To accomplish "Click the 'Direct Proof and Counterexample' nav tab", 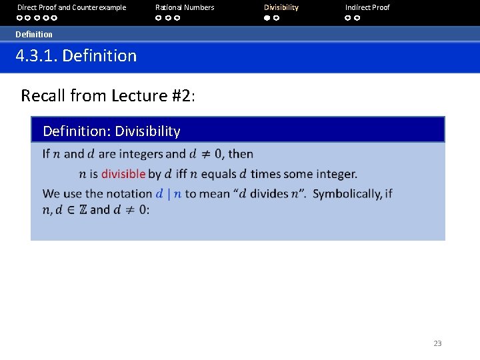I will click(x=71, y=7).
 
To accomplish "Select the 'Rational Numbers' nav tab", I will click(x=185, y=7).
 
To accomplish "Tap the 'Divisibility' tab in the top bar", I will click(x=281, y=7).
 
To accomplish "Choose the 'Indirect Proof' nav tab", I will click(x=367, y=7).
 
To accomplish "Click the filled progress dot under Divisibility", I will click(x=267, y=18).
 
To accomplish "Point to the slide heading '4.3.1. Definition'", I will click(x=76, y=56).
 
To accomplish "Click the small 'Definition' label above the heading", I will click(x=34, y=34).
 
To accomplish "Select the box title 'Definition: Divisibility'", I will click(x=111, y=131).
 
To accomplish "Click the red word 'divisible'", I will click(x=123, y=174).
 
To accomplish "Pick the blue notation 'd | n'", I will click(x=169, y=194).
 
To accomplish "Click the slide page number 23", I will click(x=437, y=343).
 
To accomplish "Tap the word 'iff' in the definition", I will click(x=181, y=174).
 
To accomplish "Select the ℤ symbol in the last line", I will click(x=83, y=210).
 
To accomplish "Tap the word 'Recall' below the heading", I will click(x=43, y=96).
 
